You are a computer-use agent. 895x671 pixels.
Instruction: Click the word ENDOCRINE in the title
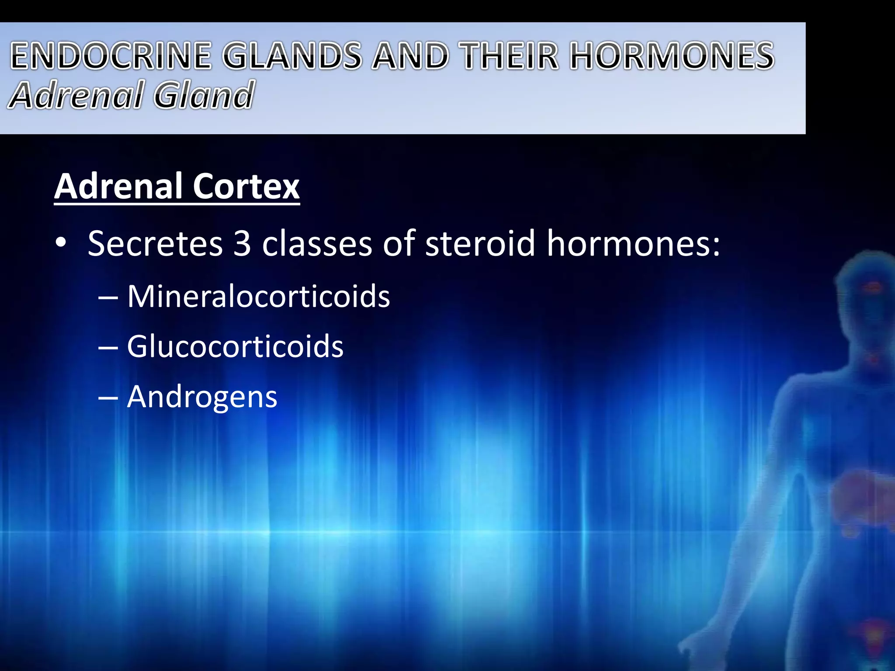click(x=111, y=56)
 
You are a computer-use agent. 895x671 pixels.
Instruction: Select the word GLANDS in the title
click(x=292, y=56)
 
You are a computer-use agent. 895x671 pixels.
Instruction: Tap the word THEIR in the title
click(x=510, y=56)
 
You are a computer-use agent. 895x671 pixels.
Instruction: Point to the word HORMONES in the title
click(x=672, y=56)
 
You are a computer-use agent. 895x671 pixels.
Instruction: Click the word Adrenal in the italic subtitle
click(x=75, y=95)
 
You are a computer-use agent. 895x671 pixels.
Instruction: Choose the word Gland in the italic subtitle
click(x=204, y=95)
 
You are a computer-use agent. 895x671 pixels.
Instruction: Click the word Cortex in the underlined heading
click(x=246, y=187)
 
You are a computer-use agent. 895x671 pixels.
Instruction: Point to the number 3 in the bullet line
click(x=242, y=244)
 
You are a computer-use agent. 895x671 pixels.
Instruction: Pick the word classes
click(x=317, y=244)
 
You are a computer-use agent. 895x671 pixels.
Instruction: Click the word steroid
click(x=480, y=244)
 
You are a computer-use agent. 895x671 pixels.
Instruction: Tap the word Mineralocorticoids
click(x=258, y=297)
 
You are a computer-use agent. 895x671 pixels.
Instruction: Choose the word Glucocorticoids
click(x=235, y=347)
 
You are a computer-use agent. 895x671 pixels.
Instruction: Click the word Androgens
click(x=202, y=397)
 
